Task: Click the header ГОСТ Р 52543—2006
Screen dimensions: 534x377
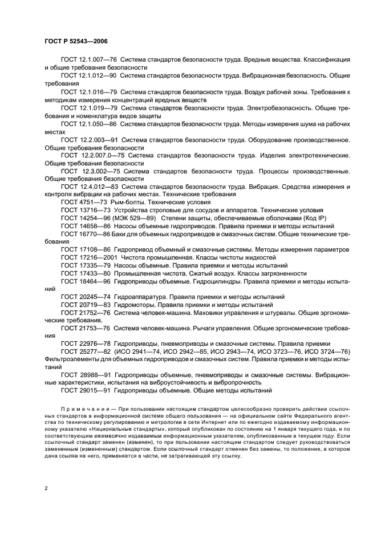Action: click(x=75, y=42)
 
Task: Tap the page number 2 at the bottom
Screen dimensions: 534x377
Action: click(x=46, y=488)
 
